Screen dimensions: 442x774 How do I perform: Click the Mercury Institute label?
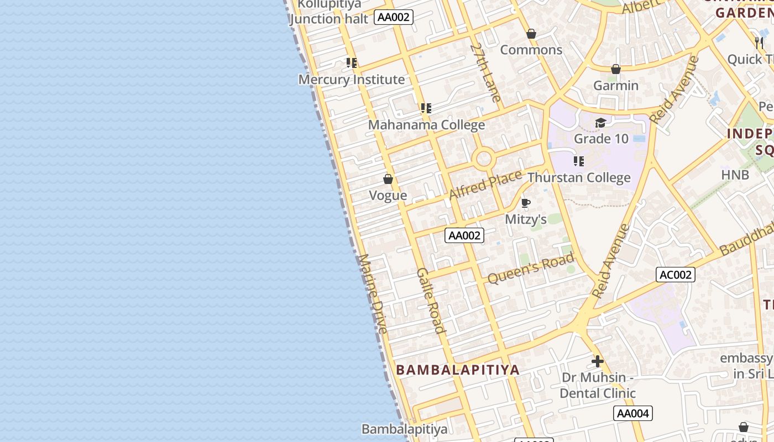[x=352, y=80]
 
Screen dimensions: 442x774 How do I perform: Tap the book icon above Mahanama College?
[x=426, y=108]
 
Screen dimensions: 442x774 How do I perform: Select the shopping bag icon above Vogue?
[x=388, y=179]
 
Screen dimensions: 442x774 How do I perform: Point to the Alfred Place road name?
[x=485, y=185]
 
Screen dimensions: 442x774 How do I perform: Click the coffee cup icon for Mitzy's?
[x=526, y=203]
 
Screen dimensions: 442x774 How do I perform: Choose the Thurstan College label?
[x=579, y=178]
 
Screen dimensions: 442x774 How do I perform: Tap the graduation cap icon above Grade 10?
[x=601, y=123]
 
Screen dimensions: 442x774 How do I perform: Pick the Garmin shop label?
[x=616, y=86]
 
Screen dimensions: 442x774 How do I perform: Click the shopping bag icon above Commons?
[x=531, y=34]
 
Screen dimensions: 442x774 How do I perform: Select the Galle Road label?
[x=431, y=301]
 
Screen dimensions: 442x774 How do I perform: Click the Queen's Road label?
[x=531, y=269]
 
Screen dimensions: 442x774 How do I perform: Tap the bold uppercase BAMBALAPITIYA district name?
[x=458, y=370]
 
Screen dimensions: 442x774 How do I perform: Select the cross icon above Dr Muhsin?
[x=597, y=362]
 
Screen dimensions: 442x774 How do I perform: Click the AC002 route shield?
[x=676, y=275]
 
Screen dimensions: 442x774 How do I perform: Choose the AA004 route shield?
[x=633, y=413]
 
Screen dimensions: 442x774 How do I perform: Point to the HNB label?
[x=735, y=175]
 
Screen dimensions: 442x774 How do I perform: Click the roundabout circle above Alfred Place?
[x=483, y=159]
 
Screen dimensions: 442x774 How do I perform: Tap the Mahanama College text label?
[x=426, y=125]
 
